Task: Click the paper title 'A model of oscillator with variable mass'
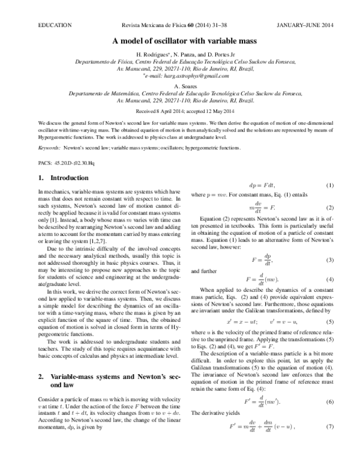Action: (180, 41)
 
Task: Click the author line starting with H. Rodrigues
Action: (180, 55)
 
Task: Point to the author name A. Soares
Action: (180, 86)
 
